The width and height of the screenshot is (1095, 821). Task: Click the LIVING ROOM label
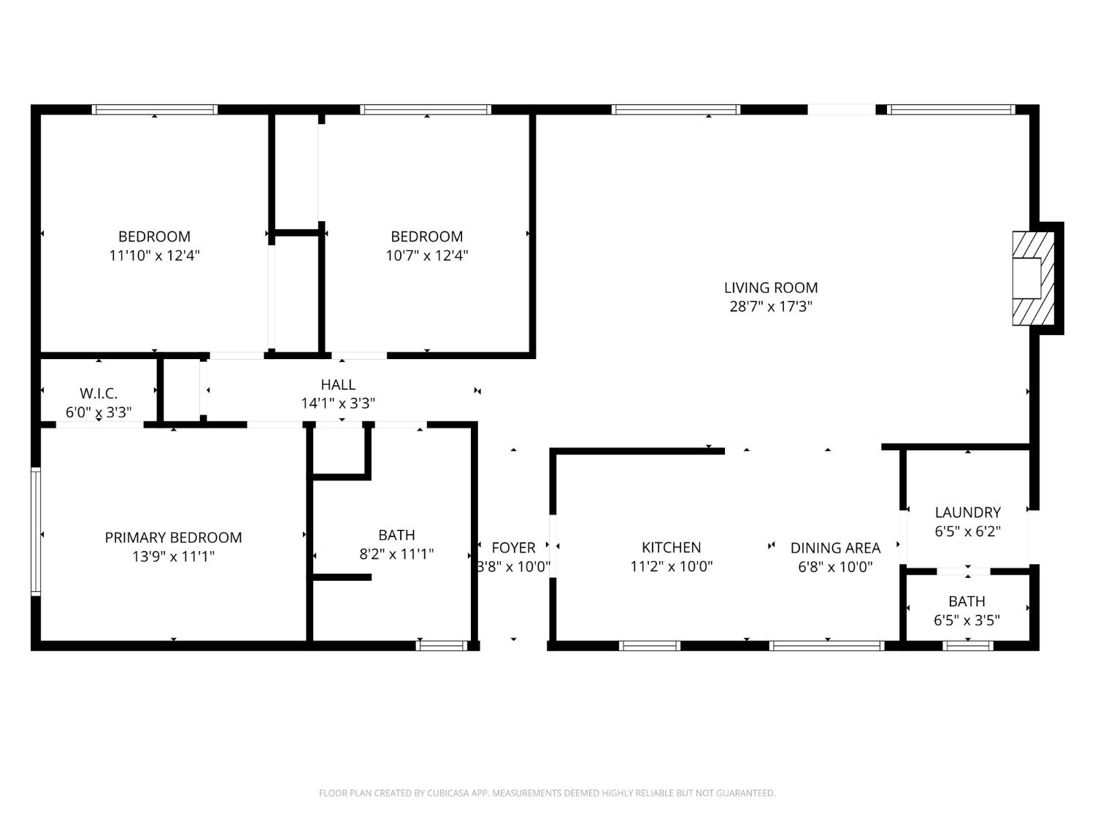click(x=770, y=288)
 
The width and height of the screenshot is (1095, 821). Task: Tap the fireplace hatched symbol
click(x=1033, y=278)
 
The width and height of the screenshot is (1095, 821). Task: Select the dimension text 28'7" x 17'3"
click(x=770, y=307)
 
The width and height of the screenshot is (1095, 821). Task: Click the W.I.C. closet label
click(x=99, y=393)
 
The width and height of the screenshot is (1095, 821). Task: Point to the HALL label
click(x=338, y=385)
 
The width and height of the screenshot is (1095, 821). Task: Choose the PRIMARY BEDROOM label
click(x=173, y=538)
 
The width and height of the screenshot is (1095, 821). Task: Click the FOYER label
click(x=513, y=547)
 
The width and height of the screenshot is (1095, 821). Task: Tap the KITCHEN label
click(x=671, y=547)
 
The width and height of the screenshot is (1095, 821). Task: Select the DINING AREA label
click(x=835, y=547)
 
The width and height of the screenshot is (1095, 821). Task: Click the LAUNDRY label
click(x=967, y=512)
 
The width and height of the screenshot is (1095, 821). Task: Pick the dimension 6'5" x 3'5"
click(x=967, y=620)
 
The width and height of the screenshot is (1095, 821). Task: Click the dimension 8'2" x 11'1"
click(x=396, y=554)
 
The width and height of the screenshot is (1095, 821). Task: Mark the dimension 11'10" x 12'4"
click(x=155, y=255)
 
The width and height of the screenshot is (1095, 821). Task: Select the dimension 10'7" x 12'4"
click(x=426, y=255)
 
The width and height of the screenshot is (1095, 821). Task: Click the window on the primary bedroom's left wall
click(x=35, y=531)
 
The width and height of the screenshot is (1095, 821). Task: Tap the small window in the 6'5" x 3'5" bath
click(x=968, y=646)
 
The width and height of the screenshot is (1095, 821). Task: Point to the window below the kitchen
click(x=650, y=646)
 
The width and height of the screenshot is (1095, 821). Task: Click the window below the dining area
click(x=827, y=646)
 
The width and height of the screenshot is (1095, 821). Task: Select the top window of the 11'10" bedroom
click(x=155, y=109)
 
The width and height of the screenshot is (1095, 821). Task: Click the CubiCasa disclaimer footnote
click(x=547, y=793)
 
